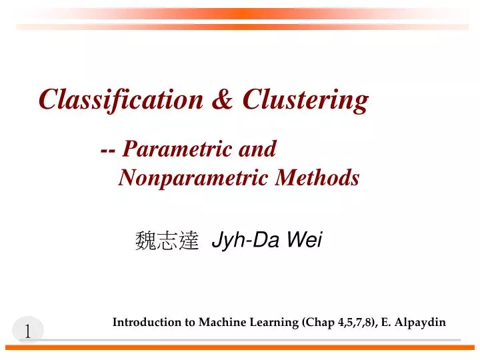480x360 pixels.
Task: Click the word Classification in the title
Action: click(121, 100)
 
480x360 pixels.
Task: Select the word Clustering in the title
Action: click(305, 100)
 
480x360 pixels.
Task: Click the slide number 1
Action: click(28, 331)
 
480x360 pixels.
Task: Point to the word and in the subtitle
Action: click(257, 149)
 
